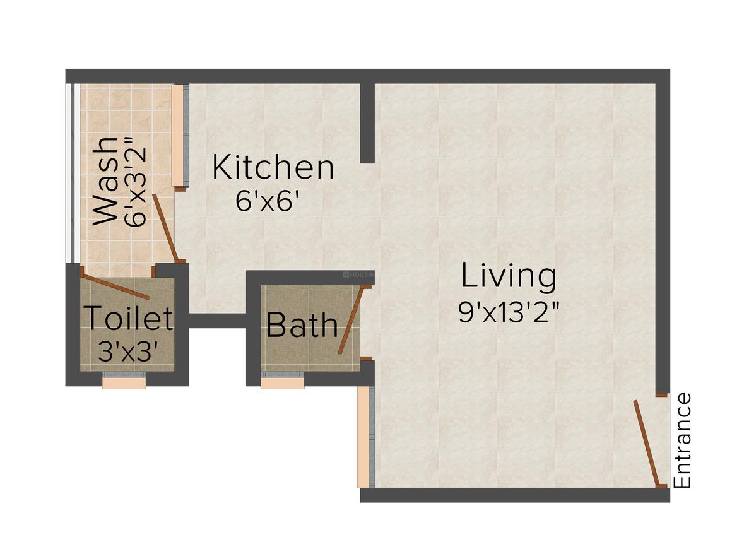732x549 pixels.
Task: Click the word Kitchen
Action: (273, 168)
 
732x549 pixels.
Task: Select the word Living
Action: (509, 277)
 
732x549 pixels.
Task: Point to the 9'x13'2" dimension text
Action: (509, 312)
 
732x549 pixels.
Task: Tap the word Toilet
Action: (128, 317)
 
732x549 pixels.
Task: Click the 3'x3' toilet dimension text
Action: (128, 351)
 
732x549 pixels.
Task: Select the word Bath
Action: (302, 325)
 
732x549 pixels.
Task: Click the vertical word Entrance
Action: (683, 440)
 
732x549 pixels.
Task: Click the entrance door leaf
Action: (647, 442)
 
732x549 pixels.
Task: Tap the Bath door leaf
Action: (351, 320)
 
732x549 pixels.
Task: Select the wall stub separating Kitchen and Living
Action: (367, 123)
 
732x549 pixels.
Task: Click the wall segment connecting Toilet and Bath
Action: (217, 321)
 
